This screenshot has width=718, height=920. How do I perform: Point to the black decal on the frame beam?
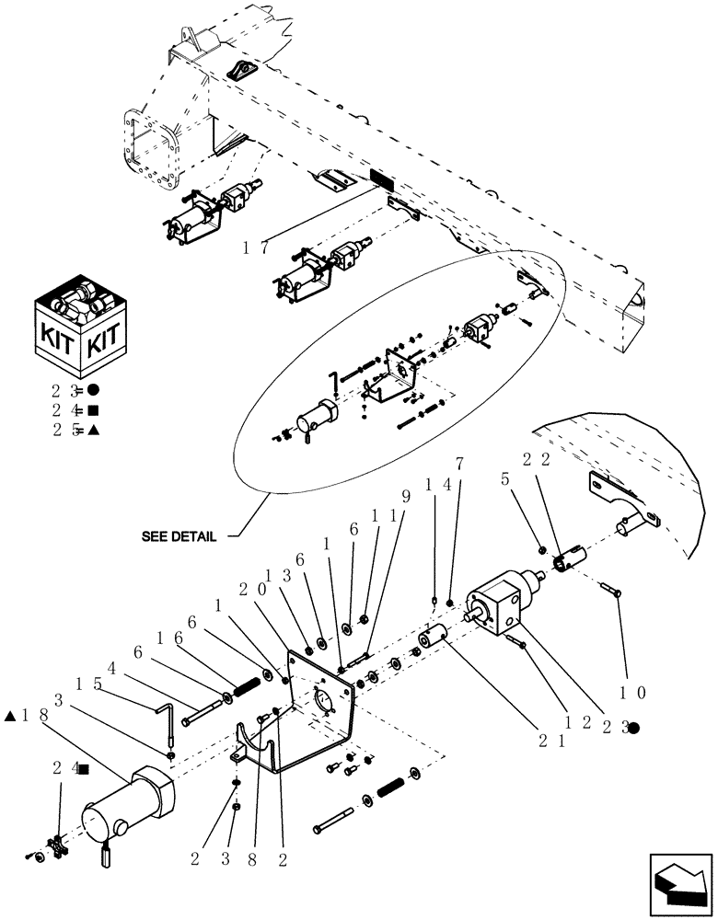[380, 179]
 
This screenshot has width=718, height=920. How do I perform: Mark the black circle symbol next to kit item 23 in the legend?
[93, 389]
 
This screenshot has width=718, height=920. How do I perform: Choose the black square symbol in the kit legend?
[93, 409]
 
